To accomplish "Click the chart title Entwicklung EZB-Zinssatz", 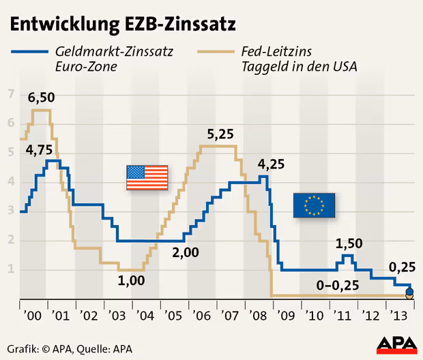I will (x=123, y=25).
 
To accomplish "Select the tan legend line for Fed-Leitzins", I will (x=214, y=51).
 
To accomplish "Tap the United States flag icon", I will (x=147, y=178).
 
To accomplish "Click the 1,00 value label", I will (x=132, y=280).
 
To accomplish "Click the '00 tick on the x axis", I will (x=33, y=316).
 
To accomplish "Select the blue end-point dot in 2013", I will (x=409, y=292).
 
